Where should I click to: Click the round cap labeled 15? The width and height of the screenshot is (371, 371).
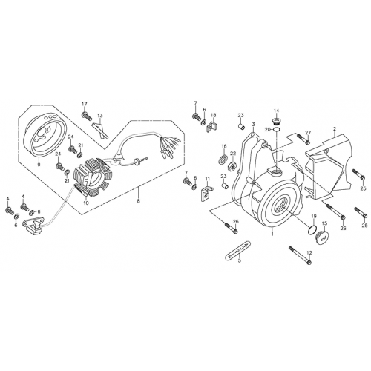322,237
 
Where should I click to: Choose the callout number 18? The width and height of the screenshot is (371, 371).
213,115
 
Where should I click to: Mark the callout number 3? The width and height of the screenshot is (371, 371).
252,125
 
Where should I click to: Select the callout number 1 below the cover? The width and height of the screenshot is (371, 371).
272,232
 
